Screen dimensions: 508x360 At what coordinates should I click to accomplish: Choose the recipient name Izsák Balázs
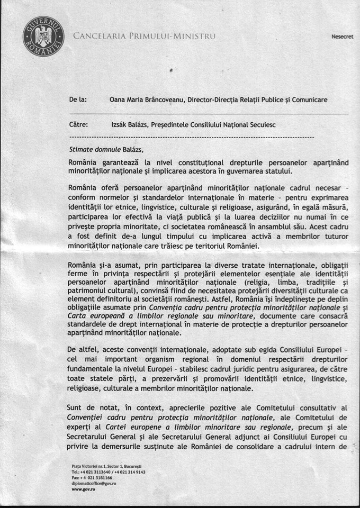tap(128, 125)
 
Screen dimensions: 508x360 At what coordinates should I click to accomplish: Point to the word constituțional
tap(173, 162)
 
